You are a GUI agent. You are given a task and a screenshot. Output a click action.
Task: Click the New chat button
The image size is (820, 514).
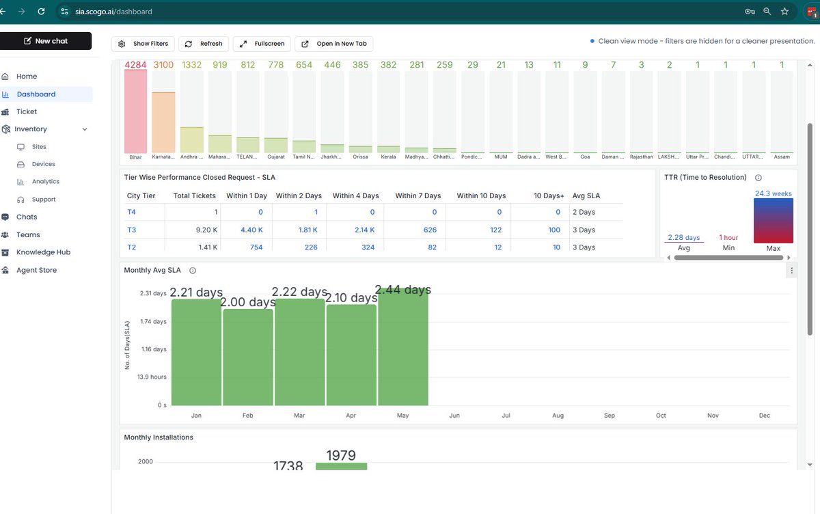(x=46, y=41)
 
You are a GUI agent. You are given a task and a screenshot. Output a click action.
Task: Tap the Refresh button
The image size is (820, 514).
(x=204, y=44)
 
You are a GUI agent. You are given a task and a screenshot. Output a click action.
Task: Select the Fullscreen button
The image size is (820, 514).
(x=262, y=44)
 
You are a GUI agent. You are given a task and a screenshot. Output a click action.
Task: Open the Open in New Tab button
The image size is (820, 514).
(x=333, y=44)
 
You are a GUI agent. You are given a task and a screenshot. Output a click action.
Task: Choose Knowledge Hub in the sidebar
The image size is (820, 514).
(x=43, y=252)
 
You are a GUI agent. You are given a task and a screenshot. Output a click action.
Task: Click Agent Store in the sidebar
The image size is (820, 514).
(x=36, y=270)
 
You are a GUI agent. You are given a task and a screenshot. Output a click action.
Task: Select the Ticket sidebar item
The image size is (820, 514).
(x=27, y=111)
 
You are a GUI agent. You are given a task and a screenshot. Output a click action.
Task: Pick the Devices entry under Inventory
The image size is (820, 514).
(x=43, y=164)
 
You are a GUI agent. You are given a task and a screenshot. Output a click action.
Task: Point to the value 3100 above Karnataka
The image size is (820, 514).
(x=163, y=65)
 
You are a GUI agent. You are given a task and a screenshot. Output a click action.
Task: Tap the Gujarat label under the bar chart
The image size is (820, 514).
(x=276, y=157)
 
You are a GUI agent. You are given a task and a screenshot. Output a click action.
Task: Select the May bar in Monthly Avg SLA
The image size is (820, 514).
(x=403, y=349)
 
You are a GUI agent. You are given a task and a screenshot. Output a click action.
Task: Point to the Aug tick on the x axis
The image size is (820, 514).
(x=558, y=416)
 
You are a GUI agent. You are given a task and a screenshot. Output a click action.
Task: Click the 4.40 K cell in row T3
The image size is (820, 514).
(x=251, y=230)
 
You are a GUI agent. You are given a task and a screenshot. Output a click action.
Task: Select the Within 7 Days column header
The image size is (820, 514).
(x=418, y=195)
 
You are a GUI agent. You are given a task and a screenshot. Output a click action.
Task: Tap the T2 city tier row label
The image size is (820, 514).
(x=132, y=247)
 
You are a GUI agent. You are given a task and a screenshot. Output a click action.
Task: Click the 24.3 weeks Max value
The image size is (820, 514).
(x=773, y=193)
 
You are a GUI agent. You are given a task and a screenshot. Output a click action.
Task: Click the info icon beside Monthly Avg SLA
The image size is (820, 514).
(x=193, y=271)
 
